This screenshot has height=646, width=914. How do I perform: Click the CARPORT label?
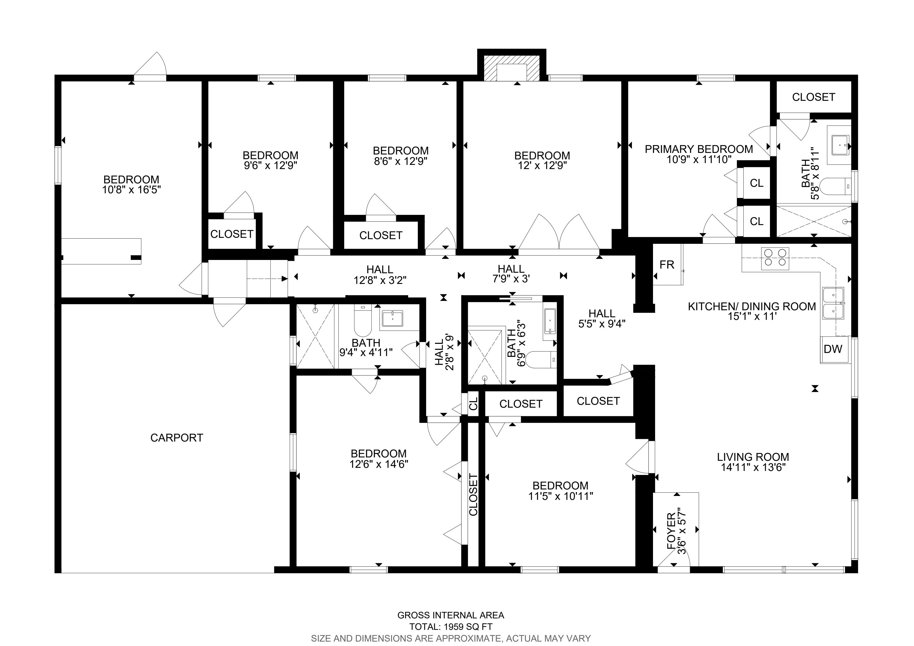point(177,438)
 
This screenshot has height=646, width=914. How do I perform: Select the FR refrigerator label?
point(667,265)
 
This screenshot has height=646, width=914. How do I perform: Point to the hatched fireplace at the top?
point(512,72)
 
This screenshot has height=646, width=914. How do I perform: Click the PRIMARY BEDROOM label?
point(699,149)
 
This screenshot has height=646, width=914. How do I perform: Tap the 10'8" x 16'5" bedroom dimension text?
point(131,190)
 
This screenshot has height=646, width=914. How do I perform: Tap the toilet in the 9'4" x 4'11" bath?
point(362,322)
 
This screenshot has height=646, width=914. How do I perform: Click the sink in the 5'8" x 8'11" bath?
point(840,145)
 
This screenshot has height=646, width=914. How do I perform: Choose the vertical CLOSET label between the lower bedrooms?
point(473,495)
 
